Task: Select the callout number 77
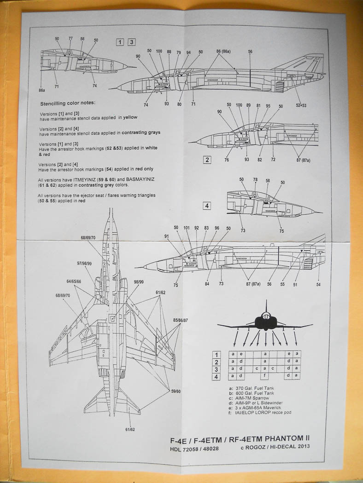pos(70,39)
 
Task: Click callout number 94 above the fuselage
pos(188,52)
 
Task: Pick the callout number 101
pos(187,228)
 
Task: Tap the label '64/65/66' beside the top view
pos(74,281)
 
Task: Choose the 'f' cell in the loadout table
pos(265,377)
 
